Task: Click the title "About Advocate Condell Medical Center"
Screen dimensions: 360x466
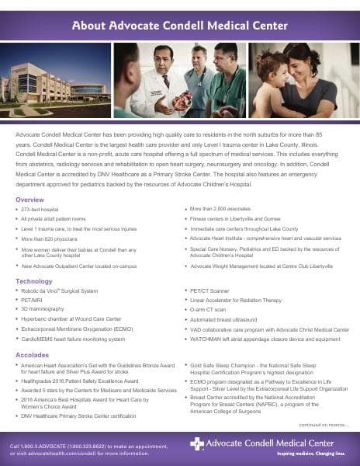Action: coord(180,26)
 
